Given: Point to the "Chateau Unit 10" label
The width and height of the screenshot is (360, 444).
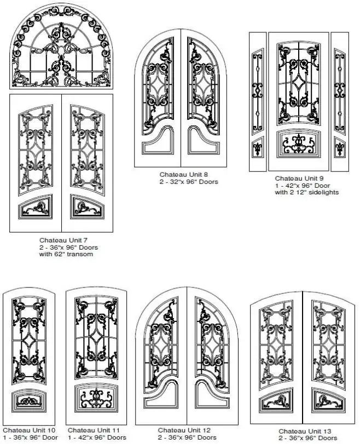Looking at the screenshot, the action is [28, 430].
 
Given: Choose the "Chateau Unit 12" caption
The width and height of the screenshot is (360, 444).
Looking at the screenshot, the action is [184, 430].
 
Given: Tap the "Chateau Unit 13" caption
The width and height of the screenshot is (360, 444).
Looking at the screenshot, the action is [305, 431].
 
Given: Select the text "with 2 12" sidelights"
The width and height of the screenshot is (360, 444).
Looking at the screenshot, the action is [307, 192].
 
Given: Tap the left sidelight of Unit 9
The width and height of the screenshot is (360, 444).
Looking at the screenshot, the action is [258, 101].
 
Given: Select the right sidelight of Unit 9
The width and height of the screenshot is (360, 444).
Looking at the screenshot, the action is [340, 101].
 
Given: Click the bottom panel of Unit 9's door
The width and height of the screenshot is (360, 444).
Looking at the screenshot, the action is [299, 145].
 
